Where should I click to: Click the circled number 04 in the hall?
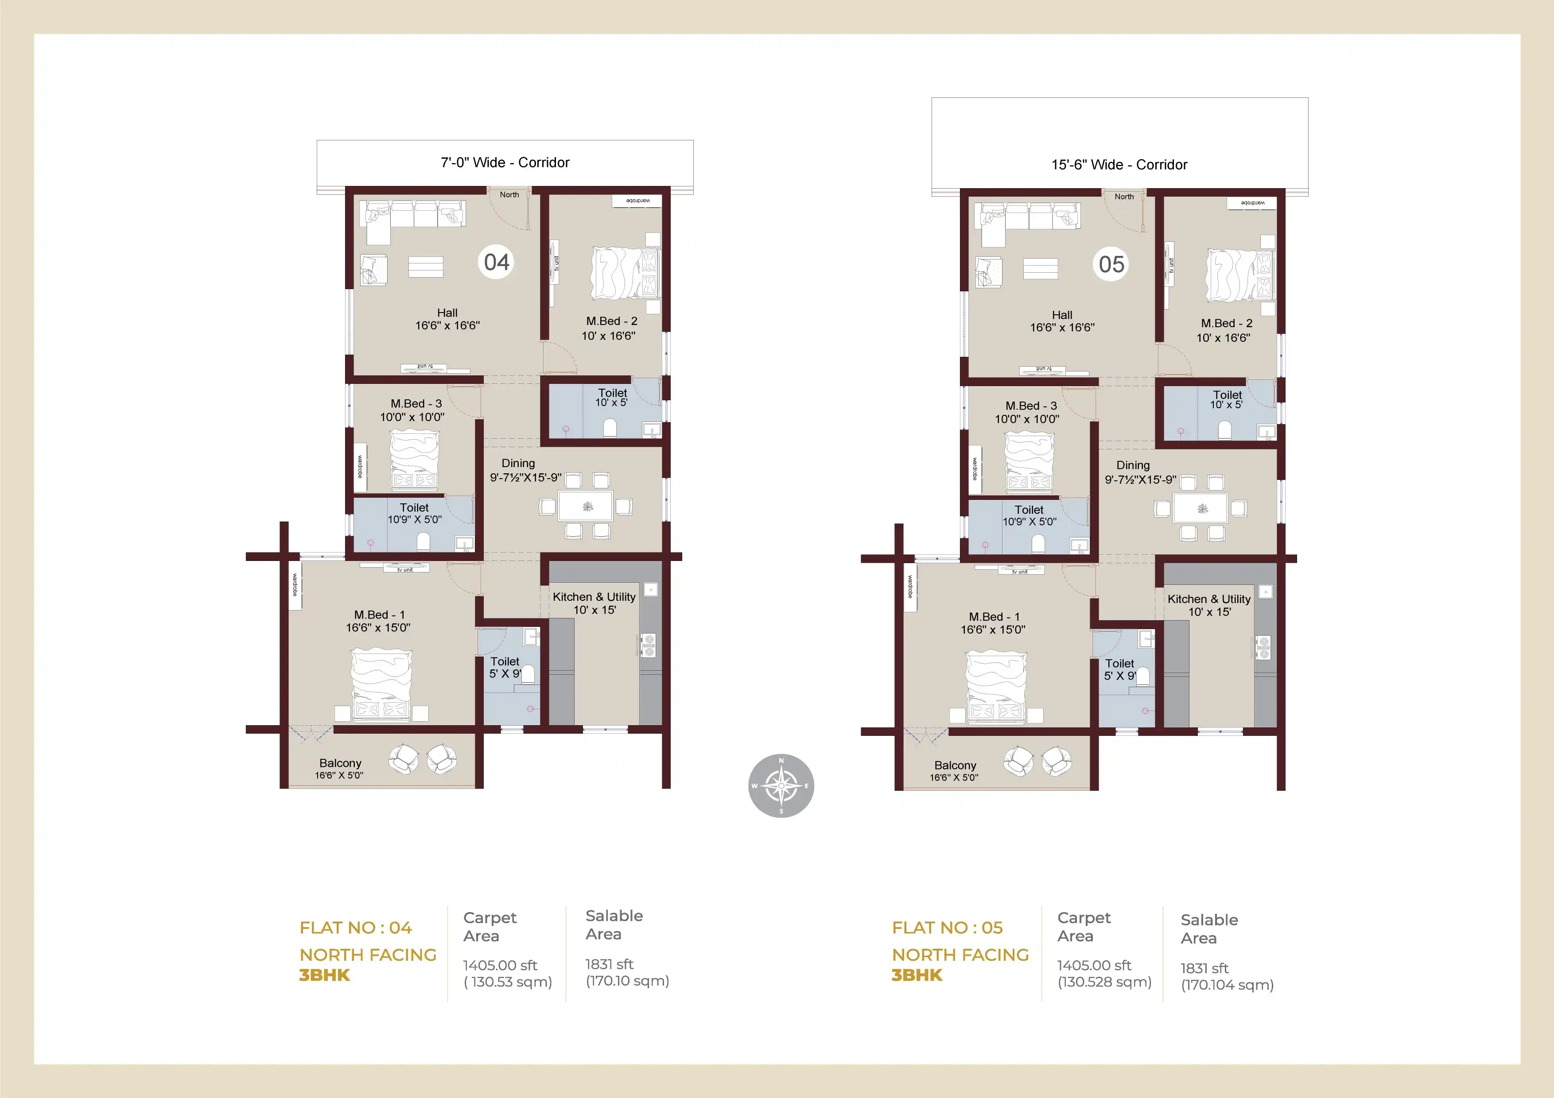496,262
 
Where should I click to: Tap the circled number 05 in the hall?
1111,264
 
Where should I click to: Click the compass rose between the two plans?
781,785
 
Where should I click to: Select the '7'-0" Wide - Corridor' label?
505,162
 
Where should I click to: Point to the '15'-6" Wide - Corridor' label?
1119,164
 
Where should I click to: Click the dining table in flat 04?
586,506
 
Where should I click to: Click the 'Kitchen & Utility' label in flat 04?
594,597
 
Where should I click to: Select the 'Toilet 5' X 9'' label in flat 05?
1119,669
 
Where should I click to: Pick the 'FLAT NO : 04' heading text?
355,928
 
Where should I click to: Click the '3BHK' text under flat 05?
917,975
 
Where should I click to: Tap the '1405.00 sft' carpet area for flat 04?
500,966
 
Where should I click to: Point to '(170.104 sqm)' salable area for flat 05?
1227,985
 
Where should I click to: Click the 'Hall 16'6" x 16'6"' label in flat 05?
1062,321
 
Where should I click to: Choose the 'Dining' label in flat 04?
518,464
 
